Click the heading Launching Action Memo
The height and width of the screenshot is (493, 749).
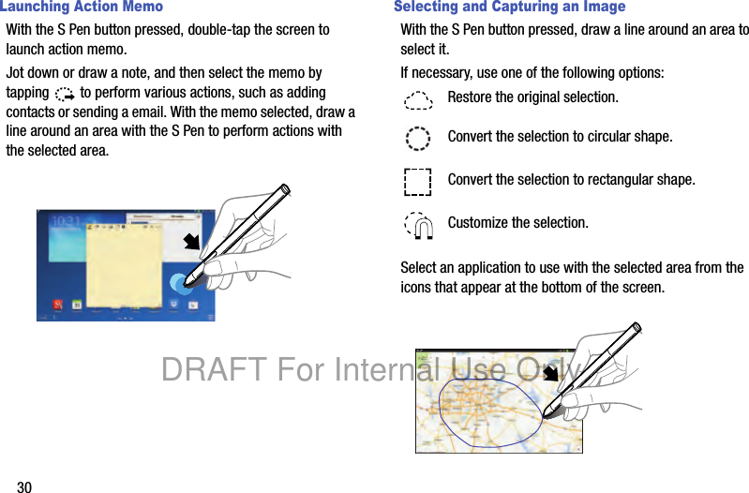point(82,7)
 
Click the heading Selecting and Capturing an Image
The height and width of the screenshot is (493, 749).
point(510,7)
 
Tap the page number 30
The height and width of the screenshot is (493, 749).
point(24,486)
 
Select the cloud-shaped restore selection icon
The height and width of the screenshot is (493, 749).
point(418,100)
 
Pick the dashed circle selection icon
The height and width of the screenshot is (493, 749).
point(417,139)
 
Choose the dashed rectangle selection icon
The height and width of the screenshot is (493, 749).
point(417,182)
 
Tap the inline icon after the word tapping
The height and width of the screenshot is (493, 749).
point(65,94)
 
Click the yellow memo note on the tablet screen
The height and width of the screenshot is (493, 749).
point(124,266)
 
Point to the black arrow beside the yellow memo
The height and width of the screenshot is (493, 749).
point(192,242)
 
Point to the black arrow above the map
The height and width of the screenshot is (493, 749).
point(551,373)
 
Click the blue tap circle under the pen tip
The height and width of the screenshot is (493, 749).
point(181,284)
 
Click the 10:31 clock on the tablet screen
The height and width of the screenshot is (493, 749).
point(66,220)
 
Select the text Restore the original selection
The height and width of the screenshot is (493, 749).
point(533,97)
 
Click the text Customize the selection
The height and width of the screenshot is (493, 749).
point(517,223)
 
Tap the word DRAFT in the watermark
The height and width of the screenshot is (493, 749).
point(215,369)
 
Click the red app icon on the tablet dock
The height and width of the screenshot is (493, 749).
point(58,305)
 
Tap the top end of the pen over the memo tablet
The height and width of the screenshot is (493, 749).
point(286,188)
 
